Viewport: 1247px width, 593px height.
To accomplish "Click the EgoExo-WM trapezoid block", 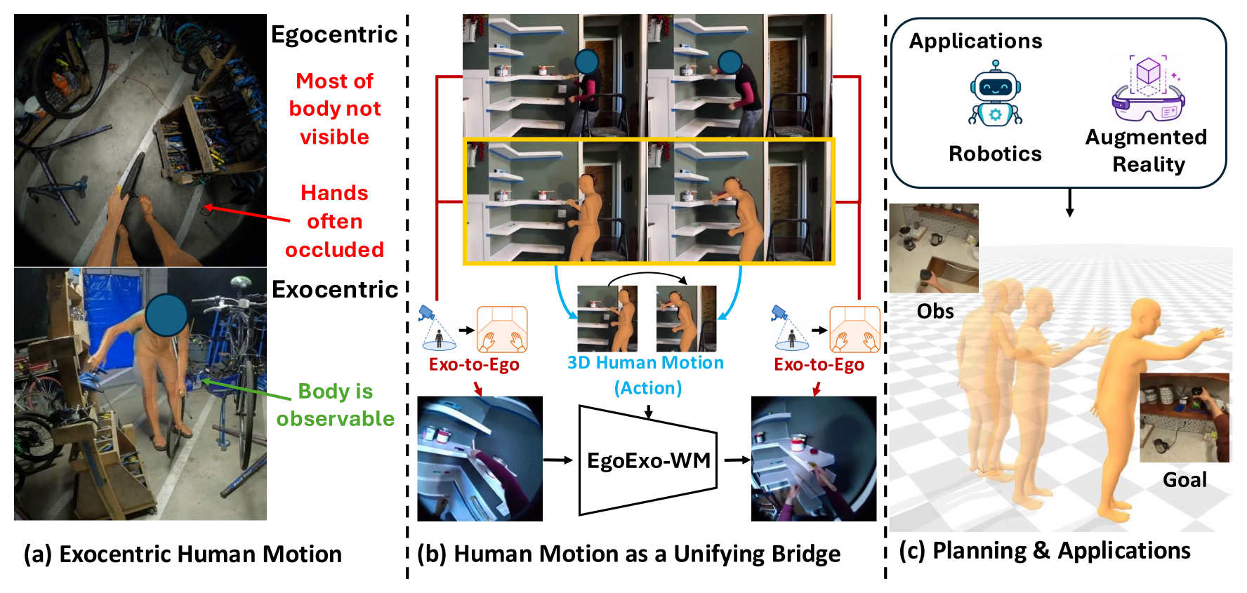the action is (x=647, y=460).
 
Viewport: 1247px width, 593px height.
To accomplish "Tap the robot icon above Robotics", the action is (x=995, y=93).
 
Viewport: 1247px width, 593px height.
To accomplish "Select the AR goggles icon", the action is (x=1148, y=88).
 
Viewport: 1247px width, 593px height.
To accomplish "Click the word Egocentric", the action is (x=334, y=34).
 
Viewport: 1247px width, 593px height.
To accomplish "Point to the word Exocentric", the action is (x=335, y=289).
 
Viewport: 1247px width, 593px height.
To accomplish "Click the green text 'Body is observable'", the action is (x=335, y=405).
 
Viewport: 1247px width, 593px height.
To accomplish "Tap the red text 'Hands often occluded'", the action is (x=334, y=221).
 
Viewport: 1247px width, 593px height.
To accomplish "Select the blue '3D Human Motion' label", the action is (x=645, y=363).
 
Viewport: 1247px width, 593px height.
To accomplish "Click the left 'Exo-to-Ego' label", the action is (x=474, y=364).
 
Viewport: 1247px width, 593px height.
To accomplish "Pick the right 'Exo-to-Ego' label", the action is (x=819, y=364).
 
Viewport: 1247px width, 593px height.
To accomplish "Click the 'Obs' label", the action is (x=935, y=311).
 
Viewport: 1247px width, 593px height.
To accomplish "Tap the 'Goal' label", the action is (x=1185, y=480).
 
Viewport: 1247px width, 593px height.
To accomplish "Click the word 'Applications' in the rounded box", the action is (x=975, y=41).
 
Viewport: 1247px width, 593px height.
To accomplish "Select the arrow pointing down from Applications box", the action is (x=1069, y=202).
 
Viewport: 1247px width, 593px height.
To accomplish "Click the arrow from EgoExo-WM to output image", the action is (x=737, y=460).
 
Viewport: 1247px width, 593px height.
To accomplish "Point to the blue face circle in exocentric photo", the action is (x=166, y=314).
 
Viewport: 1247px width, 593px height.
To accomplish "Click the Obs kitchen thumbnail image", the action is (x=934, y=248).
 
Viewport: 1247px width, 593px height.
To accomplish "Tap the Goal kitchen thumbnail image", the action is (x=1185, y=418).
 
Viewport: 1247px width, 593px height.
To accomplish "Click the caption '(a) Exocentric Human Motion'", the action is (x=183, y=554).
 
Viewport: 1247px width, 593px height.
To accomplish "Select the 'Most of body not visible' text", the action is (x=335, y=109).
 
